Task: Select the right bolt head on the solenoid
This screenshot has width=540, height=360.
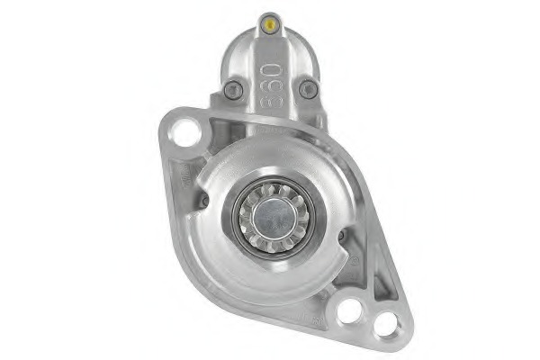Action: [x=308, y=88]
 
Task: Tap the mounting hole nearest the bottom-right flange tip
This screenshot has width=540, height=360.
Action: [x=386, y=324]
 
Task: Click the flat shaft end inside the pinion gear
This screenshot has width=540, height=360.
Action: [x=270, y=217]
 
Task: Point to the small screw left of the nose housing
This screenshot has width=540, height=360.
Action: [x=203, y=200]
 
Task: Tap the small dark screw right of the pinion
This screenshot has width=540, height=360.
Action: [x=340, y=236]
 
